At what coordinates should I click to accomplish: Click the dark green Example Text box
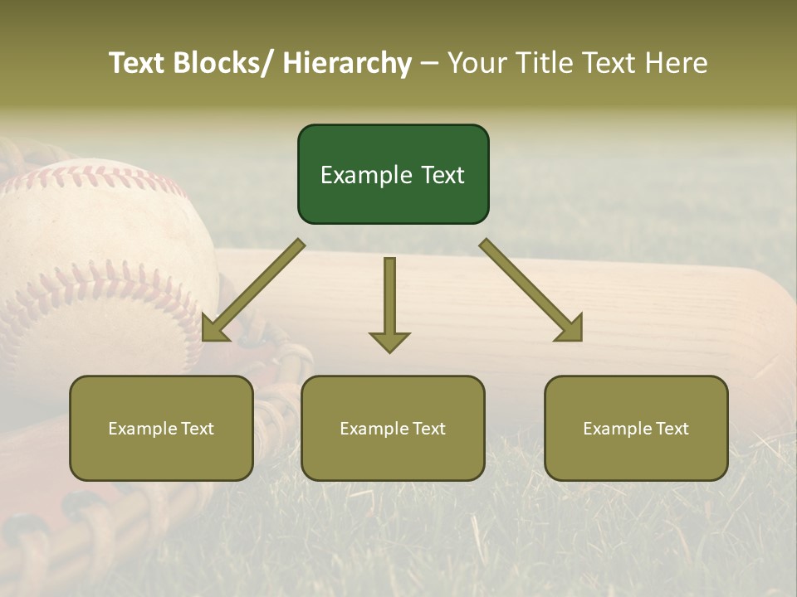(393, 174)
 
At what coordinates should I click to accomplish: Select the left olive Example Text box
(161, 428)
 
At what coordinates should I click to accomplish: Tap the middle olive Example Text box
(393, 428)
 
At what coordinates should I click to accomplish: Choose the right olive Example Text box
(636, 428)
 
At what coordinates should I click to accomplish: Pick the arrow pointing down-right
(531, 290)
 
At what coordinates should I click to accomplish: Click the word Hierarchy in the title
(347, 64)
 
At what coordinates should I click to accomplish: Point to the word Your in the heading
(476, 64)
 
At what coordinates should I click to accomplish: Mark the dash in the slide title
(429, 64)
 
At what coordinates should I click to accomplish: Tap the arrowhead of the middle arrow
(389, 342)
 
